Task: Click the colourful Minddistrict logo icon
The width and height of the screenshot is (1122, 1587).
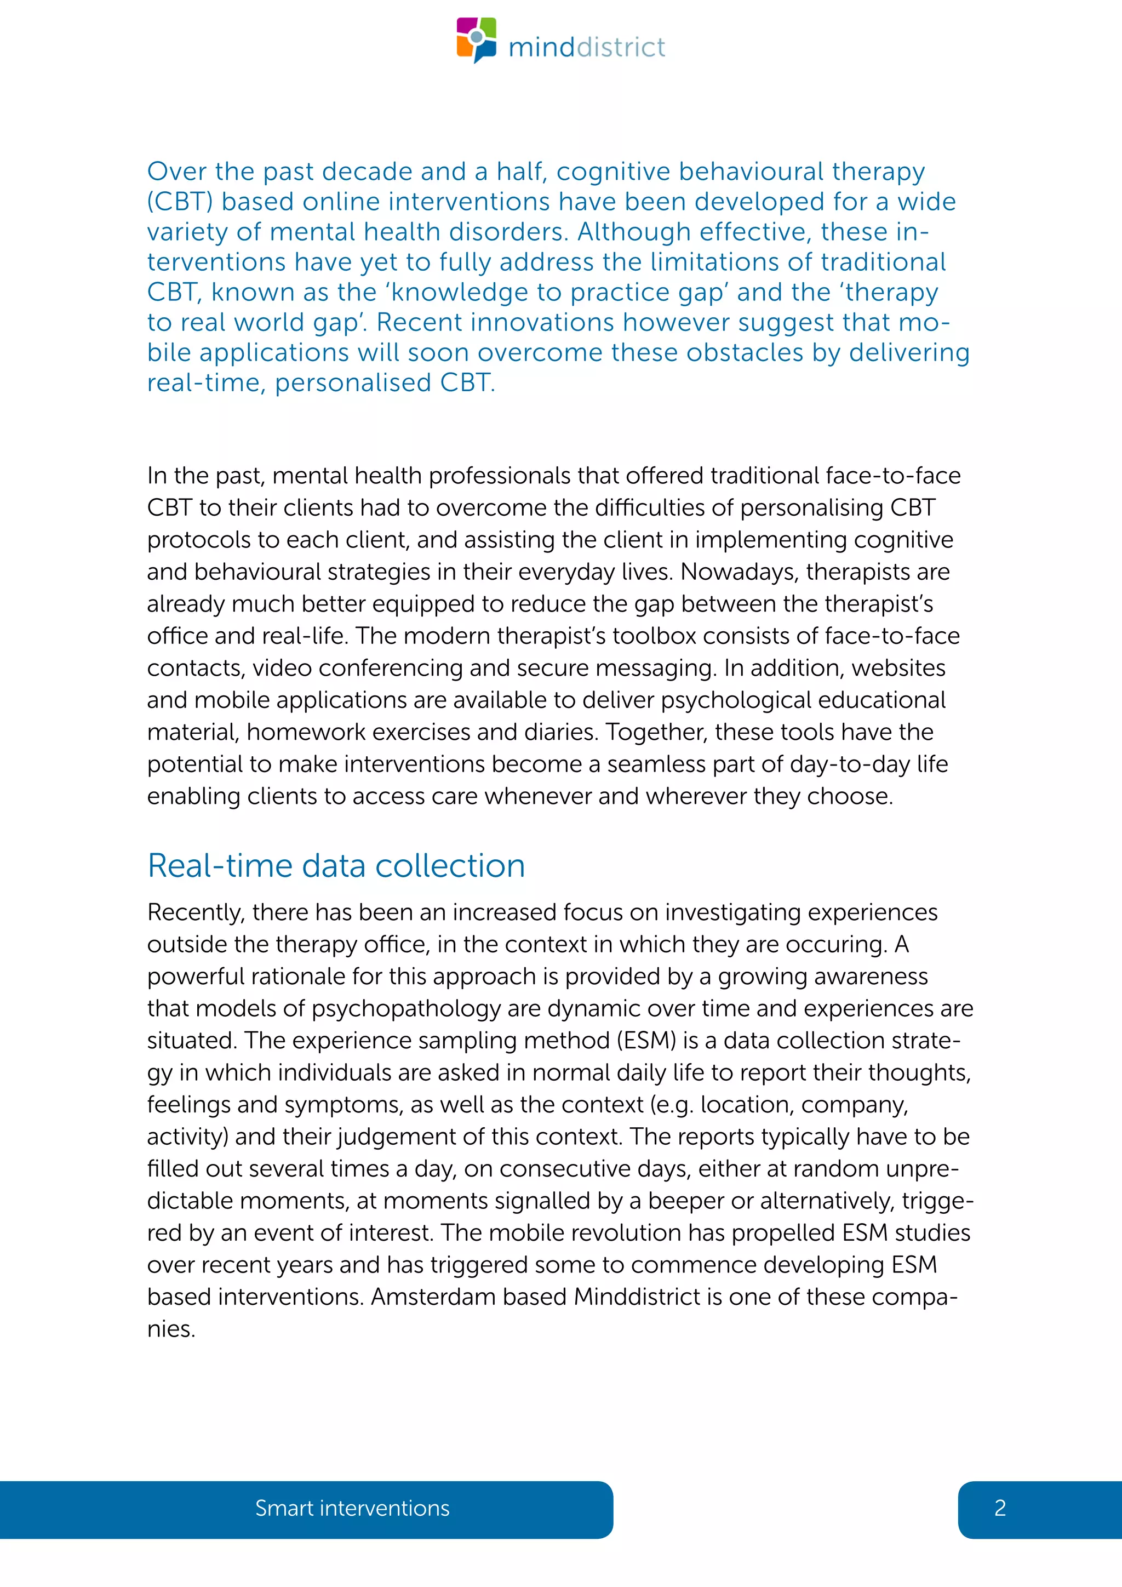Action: (x=476, y=39)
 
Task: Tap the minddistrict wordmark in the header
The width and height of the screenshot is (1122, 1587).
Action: (x=587, y=48)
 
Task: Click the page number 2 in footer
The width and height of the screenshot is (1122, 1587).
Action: (x=1000, y=1508)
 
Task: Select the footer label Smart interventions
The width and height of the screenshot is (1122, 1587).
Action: (x=352, y=1508)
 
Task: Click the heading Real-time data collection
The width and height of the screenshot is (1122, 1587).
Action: (x=336, y=865)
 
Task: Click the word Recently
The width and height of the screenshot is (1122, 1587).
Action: (x=196, y=912)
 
